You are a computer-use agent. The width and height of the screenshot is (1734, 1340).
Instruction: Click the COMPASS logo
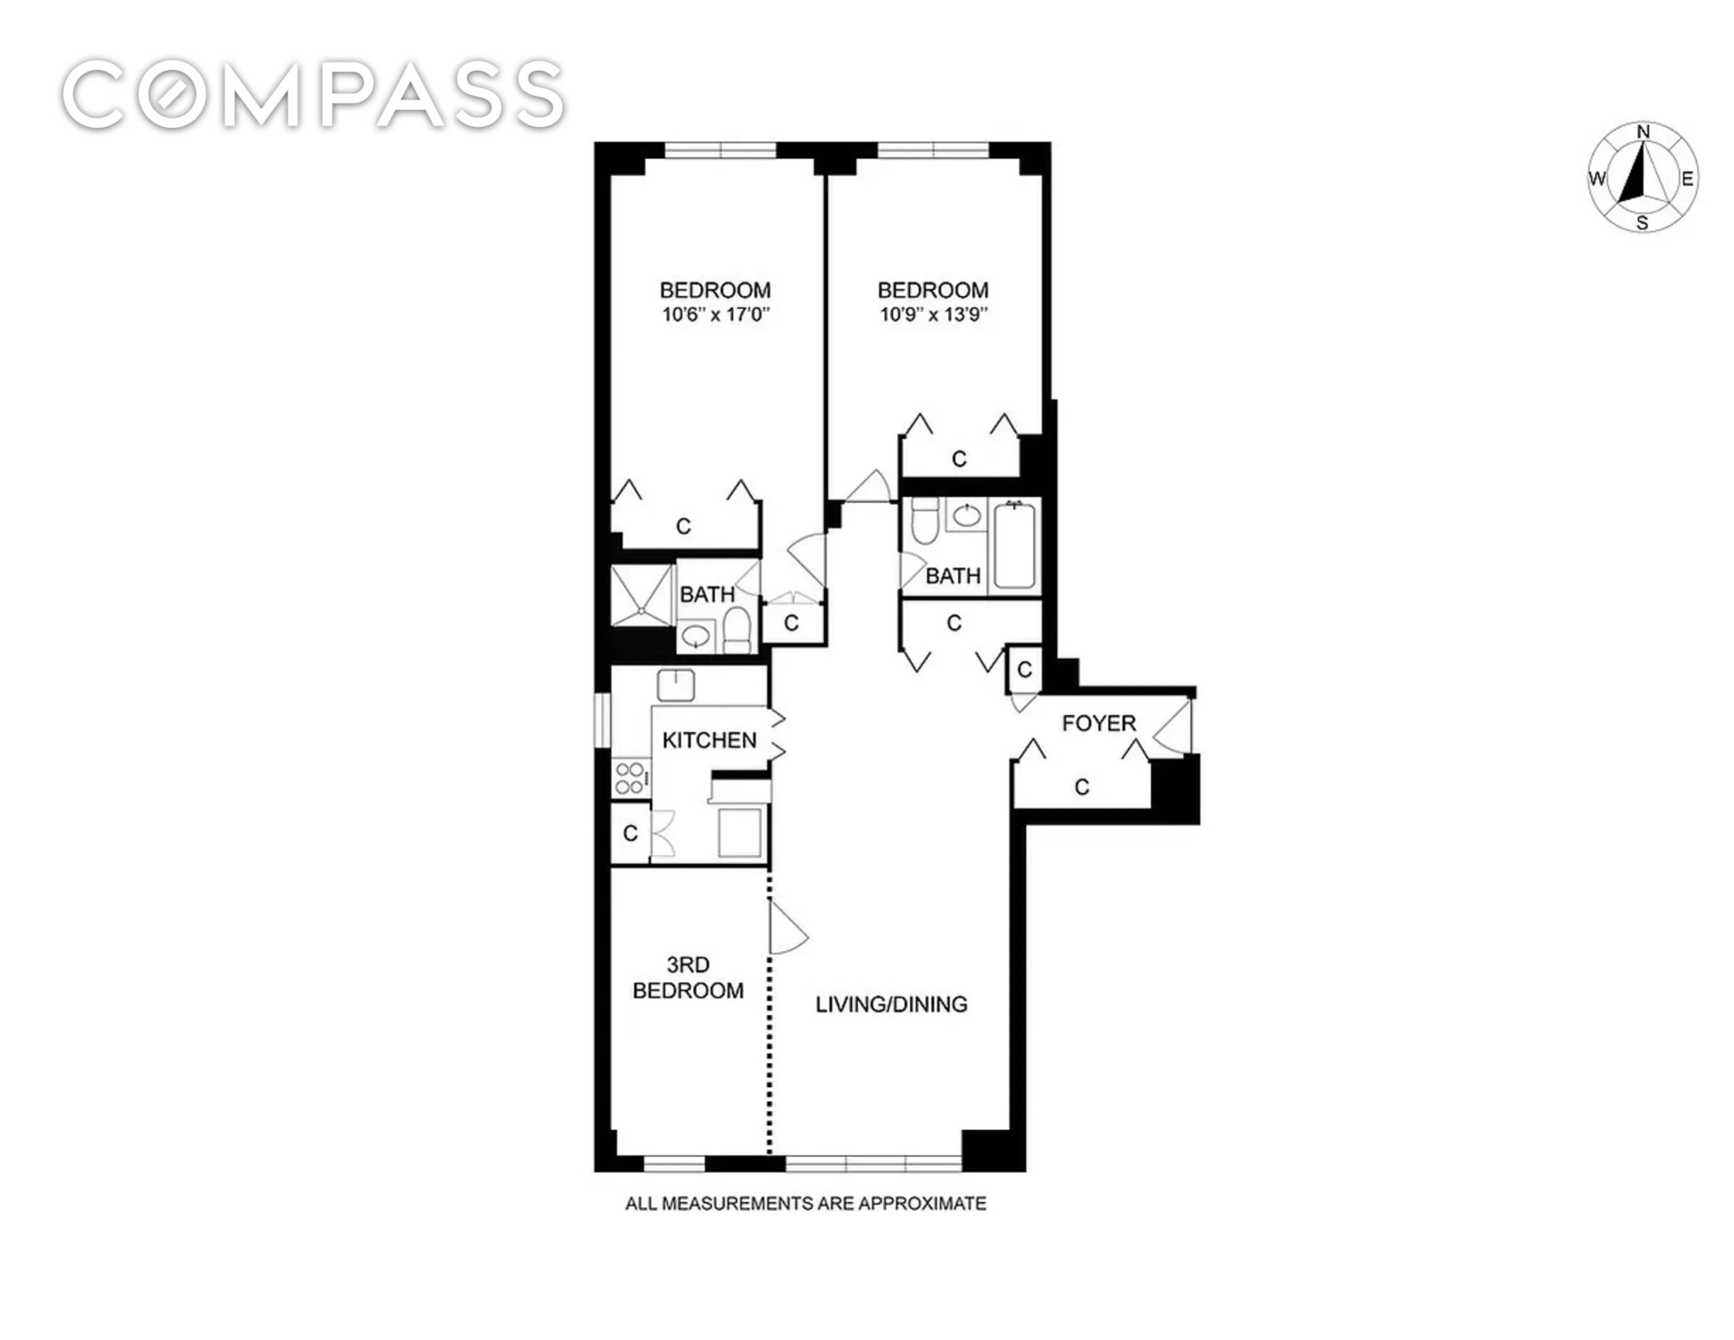pos(314,94)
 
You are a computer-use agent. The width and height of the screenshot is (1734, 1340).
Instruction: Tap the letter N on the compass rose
pos(1643,132)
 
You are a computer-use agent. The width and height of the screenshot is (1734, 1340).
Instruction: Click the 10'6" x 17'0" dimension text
pos(716,315)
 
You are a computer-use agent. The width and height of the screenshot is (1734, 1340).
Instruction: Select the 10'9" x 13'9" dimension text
pos(933,315)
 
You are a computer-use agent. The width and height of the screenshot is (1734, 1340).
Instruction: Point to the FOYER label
pos(1099,723)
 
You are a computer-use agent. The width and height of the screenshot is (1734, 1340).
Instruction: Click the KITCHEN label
pos(709,741)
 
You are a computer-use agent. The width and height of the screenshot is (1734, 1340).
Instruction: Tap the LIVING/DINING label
pos(892,1005)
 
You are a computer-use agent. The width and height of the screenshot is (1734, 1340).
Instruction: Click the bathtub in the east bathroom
pos(1014,545)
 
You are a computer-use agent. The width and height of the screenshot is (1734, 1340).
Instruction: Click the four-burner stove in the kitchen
pos(630,778)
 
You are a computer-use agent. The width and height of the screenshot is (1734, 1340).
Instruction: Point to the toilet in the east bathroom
pos(924,520)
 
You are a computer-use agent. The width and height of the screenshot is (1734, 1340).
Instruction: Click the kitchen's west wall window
pos(602,720)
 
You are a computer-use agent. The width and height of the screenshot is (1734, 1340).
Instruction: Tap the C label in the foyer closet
pos(1081,787)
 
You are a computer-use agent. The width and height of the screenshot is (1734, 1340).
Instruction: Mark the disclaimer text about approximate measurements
pos(806,1204)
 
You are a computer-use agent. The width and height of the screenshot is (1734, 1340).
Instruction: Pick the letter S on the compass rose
pos(1643,223)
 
